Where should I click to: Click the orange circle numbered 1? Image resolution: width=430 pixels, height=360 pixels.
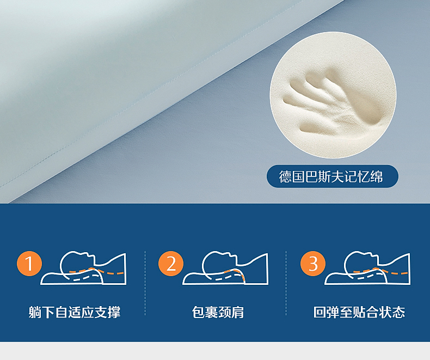(29, 264)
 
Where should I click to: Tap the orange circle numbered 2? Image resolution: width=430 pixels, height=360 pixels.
(171, 264)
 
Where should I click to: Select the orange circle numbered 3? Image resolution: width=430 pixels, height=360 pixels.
(313, 264)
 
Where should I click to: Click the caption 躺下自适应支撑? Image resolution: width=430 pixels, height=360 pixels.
(75, 312)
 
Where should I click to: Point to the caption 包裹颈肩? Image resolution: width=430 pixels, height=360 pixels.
(218, 312)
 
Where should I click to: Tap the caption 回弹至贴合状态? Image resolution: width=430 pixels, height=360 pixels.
(359, 312)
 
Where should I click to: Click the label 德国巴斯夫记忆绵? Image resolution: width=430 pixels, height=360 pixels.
(331, 176)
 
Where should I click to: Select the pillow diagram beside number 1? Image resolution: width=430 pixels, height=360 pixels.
(83, 268)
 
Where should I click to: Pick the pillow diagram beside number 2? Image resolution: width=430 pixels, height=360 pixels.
(225, 268)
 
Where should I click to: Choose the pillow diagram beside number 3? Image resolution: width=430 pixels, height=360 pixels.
(367, 268)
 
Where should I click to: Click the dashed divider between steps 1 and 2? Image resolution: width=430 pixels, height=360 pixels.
(145, 283)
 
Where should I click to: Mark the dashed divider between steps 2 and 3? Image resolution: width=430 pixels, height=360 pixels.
(286, 283)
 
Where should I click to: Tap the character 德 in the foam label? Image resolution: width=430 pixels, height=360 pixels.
(285, 176)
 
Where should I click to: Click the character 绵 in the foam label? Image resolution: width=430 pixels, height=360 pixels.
(377, 176)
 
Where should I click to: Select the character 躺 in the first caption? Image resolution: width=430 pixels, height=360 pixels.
(35, 312)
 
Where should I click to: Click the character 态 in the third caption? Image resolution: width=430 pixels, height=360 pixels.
(399, 312)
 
